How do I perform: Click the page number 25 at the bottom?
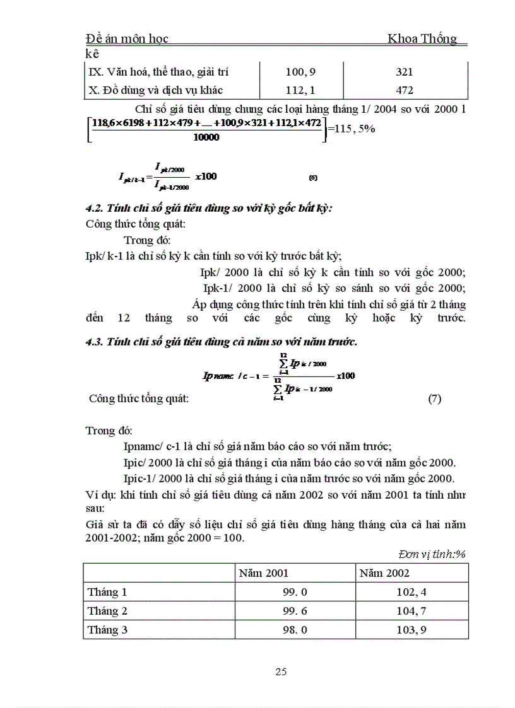(x=281, y=671)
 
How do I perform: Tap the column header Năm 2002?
(x=384, y=573)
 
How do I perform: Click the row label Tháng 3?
(x=107, y=629)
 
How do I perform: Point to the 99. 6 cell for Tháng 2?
(x=295, y=611)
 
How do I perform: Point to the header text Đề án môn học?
(x=126, y=39)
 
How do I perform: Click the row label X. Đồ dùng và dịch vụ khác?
(x=157, y=90)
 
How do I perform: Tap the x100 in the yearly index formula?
(x=346, y=376)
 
